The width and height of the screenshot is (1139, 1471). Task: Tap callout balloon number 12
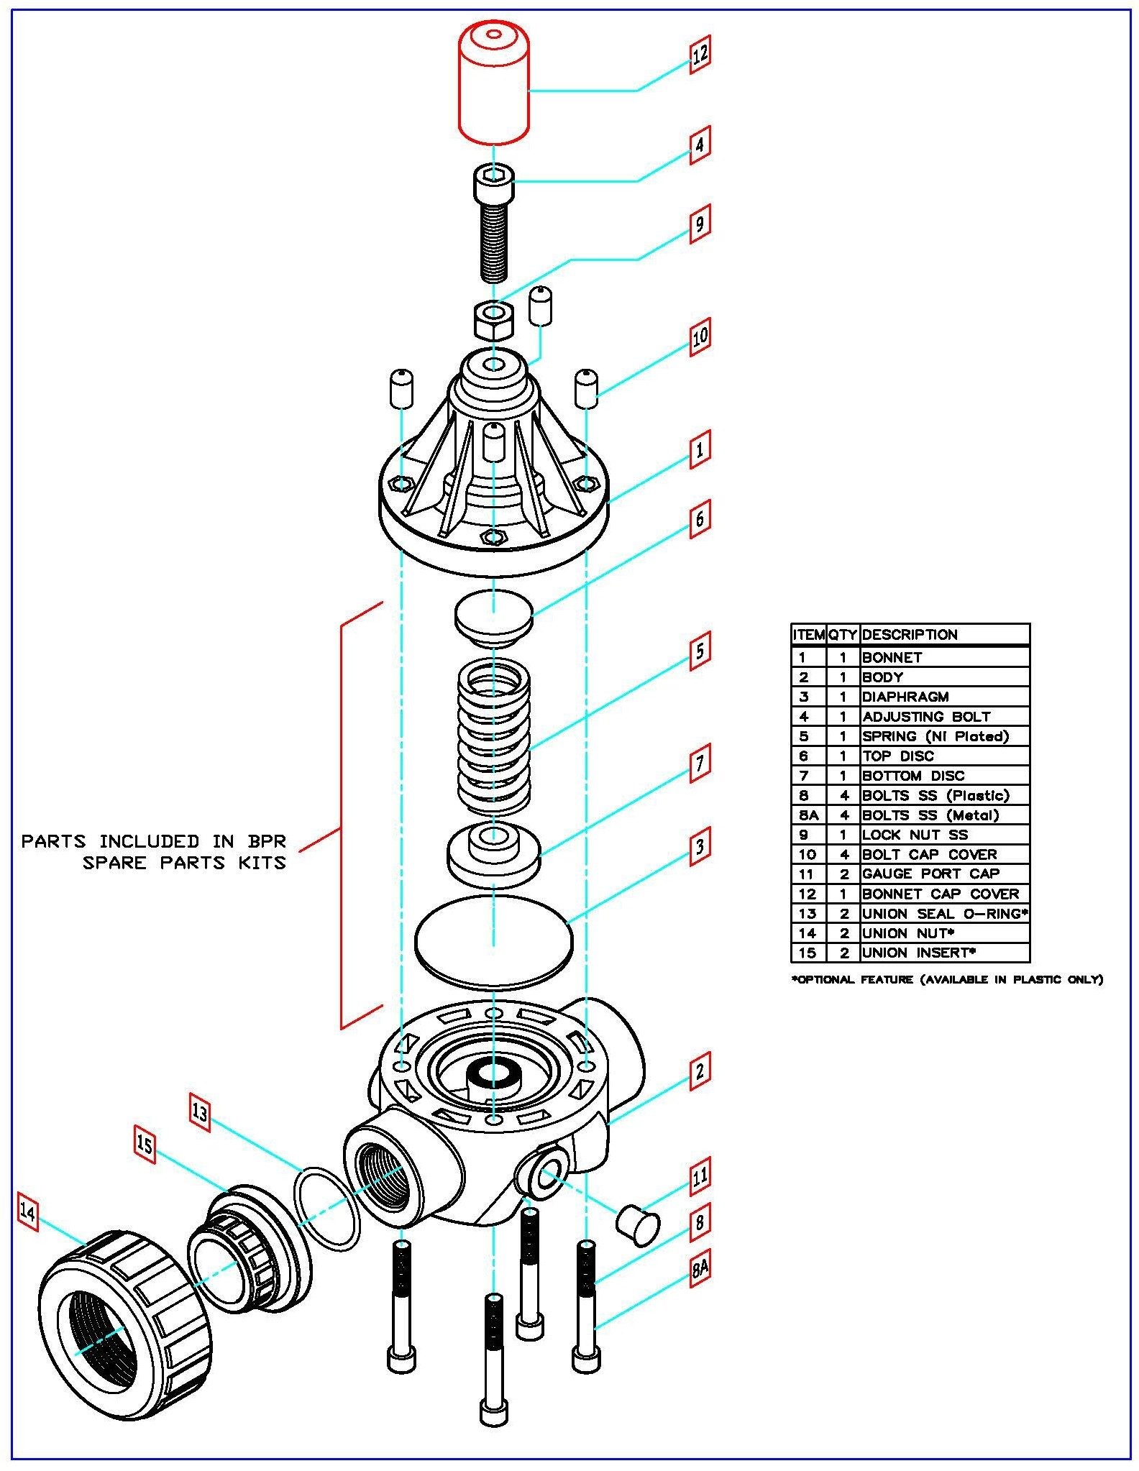pos(700,53)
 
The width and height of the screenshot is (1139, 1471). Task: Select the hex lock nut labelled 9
pos(493,320)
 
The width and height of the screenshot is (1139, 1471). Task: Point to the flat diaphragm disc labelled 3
pos(493,940)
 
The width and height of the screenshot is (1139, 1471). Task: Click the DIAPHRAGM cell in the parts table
pos(905,697)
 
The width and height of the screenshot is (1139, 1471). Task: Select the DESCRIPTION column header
pos(910,635)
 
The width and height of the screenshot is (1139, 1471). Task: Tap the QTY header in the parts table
pos(843,635)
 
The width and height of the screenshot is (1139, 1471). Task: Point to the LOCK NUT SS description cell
pos(915,835)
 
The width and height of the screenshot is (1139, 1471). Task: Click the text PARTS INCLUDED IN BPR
pos(153,841)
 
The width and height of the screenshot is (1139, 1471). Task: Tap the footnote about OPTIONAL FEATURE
pos(948,979)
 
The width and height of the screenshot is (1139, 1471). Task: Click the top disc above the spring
pos(493,615)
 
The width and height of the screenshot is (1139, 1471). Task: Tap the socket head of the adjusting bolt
pos(493,184)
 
